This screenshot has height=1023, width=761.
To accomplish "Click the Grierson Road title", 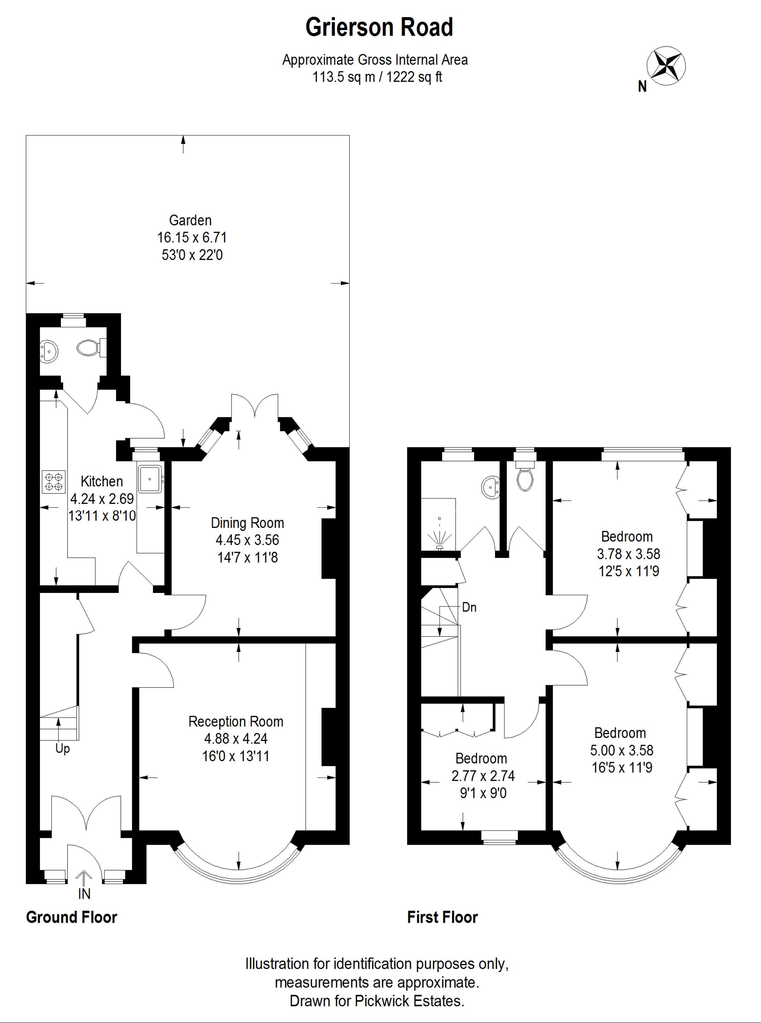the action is coord(379,27).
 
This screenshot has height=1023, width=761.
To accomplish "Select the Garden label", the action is coord(190,220).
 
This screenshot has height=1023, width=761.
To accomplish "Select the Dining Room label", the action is coord(247,523).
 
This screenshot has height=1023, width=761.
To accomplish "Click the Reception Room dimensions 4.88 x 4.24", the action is coord(236,739).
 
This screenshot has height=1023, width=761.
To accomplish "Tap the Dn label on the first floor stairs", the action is coord(469,607).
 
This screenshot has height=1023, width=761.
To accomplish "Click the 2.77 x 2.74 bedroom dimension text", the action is coord(483,776).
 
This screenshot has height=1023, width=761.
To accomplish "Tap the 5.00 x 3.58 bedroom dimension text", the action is coord(621,750).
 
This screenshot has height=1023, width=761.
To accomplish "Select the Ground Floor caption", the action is coord(71,917).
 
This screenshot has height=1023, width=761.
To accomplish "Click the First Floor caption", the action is coord(442,917).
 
